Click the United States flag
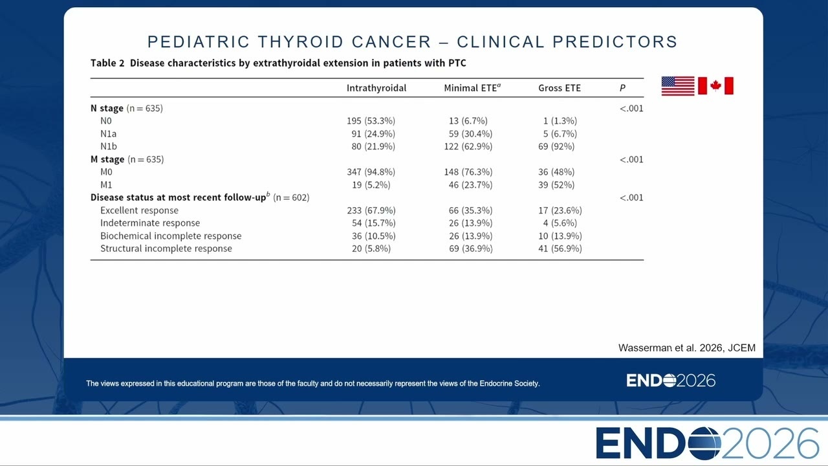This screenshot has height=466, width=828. (678, 86)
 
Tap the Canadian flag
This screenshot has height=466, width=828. (715, 86)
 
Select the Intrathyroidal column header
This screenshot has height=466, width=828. (376, 88)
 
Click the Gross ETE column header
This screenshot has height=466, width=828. (560, 88)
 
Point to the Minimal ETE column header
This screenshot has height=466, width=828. (472, 87)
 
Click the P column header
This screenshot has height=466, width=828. (622, 88)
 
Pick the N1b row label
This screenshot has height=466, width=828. (109, 146)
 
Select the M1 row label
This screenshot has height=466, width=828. (106, 184)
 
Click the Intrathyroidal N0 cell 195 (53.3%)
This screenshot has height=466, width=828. (371, 121)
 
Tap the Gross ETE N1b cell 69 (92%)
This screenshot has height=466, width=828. (556, 146)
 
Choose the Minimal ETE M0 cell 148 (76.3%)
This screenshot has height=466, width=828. (468, 172)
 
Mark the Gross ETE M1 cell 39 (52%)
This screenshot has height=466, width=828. (556, 184)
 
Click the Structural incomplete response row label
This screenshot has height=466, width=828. (166, 249)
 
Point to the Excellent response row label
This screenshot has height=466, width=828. (139, 210)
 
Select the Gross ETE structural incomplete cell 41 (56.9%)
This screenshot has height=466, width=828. (560, 249)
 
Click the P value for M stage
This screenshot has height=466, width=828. (631, 159)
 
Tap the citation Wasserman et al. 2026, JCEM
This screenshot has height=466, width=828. (687, 348)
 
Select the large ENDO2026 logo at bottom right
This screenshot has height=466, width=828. (707, 443)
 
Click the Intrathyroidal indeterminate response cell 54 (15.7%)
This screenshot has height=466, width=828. (373, 223)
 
